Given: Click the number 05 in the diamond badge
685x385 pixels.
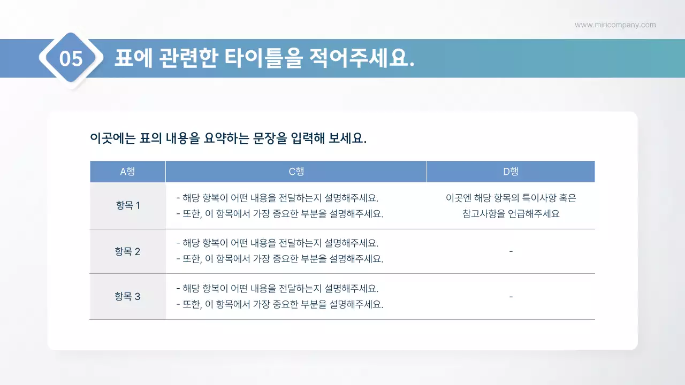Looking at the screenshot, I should [x=71, y=58].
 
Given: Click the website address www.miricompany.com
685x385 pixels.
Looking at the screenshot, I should [x=615, y=25].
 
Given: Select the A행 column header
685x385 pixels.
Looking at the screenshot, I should [x=127, y=172].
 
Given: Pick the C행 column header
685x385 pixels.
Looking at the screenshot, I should [x=296, y=172].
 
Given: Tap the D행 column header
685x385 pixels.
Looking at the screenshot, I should [x=511, y=172].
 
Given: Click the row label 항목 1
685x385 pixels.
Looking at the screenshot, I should [x=127, y=205].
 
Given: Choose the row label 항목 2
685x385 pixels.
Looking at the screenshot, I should [x=127, y=251].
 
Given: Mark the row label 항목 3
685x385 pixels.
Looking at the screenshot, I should [x=127, y=296].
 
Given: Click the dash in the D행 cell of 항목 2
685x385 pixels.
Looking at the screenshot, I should [x=511, y=251].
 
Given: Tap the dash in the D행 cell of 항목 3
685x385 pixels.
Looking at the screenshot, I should [x=511, y=296].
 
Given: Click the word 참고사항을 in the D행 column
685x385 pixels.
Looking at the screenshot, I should [x=485, y=214].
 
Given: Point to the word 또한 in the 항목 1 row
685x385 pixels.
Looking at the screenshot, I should [x=192, y=214].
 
